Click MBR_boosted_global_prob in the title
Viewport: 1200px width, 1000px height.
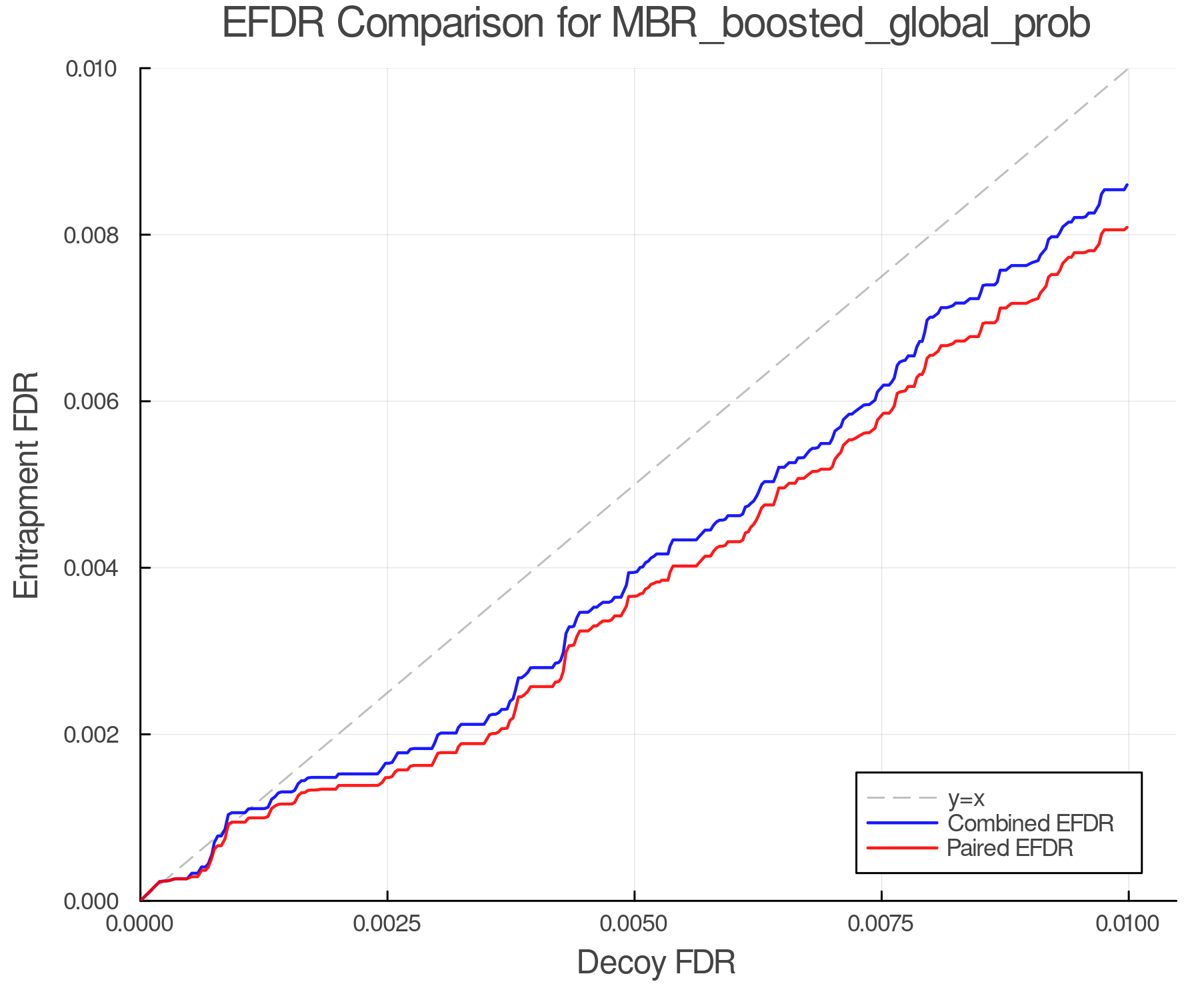pyautogui.click(x=850, y=25)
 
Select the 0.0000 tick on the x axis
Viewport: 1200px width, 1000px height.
pyautogui.click(x=140, y=924)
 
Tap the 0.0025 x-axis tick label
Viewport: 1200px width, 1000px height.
pyautogui.click(x=387, y=924)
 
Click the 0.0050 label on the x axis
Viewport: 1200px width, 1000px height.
pyautogui.click(x=634, y=924)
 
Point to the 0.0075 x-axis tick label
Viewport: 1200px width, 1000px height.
pyautogui.click(x=881, y=924)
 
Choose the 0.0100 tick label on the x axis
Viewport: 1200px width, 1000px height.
pyautogui.click(x=1128, y=924)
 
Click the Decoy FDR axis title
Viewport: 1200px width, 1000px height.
pyautogui.click(x=656, y=963)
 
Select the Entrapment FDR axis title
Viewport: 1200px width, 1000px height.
pyautogui.click(x=27, y=485)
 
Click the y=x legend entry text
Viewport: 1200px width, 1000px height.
pyautogui.click(x=966, y=798)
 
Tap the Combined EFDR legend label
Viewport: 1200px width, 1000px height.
pyautogui.click(x=1030, y=823)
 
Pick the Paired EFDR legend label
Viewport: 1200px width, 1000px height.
pyautogui.click(x=1010, y=848)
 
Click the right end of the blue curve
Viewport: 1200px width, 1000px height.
pyautogui.click(x=1127, y=185)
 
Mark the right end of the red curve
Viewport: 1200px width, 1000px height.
pyautogui.click(x=1127, y=227)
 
